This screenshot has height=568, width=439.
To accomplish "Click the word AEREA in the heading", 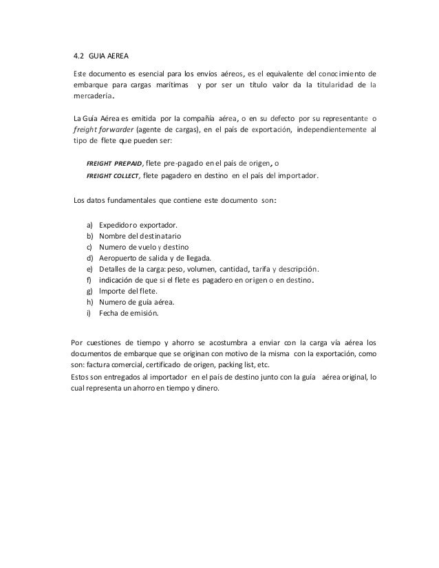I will tap(115, 56).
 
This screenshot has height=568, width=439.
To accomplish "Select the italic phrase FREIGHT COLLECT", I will tap(114, 176).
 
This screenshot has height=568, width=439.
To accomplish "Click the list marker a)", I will tap(90, 226).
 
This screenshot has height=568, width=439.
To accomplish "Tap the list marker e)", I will tap(90, 270).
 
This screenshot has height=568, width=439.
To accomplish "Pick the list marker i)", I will tap(89, 314).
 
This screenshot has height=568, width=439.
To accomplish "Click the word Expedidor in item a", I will tap(117, 226).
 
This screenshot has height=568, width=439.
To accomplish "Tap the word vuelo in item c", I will tap(153, 248).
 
